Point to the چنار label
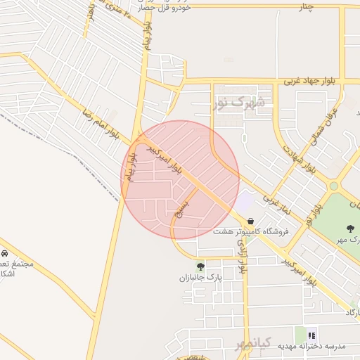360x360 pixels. click(306, 7)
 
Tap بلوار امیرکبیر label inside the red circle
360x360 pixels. click(167, 161)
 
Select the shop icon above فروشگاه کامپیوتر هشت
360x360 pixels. click(250, 221)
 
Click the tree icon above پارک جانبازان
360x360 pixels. click(201, 266)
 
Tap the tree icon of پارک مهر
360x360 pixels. click(350, 228)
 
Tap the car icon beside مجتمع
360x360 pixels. click(4, 253)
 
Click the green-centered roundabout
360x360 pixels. click(334, 186)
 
